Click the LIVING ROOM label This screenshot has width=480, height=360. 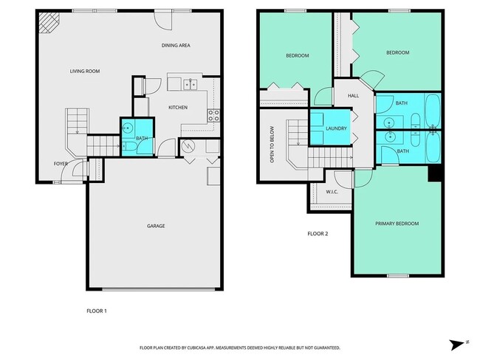pyautogui.click(x=85, y=71)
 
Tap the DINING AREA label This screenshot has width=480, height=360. pyautogui.click(x=176, y=46)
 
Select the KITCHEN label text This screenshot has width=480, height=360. pyautogui.click(x=177, y=108)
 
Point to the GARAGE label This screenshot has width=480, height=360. pyautogui.click(x=155, y=226)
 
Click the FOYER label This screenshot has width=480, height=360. pyautogui.click(x=61, y=164)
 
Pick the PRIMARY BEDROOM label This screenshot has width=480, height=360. pyautogui.click(x=397, y=224)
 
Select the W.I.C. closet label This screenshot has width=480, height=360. pyautogui.click(x=332, y=192)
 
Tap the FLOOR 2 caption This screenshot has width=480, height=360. pyautogui.click(x=318, y=234)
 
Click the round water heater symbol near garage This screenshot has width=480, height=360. pyautogui.click(x=188, y=146)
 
